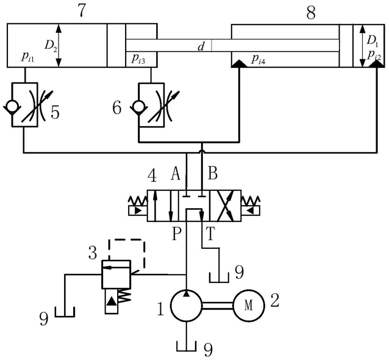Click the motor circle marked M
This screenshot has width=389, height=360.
pos(249,305)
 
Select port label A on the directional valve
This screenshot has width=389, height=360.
pos(176,173)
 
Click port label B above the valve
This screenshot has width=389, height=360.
pos(213,173)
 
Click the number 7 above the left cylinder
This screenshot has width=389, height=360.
pos(82,10)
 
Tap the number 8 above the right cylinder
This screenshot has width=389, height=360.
pos(311,13)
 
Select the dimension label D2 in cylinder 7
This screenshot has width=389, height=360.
pos(51,45)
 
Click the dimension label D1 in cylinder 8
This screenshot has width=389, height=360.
pos(372,40)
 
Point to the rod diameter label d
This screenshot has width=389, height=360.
pos(201,46)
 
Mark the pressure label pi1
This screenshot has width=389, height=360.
pos(27,57)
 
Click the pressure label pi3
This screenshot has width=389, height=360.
pos(138,59)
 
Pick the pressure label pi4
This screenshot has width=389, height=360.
pos(259,60)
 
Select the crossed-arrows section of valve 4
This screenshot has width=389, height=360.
pos(225,206)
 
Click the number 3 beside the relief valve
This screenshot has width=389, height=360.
pos(93,253)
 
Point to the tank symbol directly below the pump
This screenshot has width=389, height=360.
pos(187,346)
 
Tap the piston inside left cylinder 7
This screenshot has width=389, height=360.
pos(116,45)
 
